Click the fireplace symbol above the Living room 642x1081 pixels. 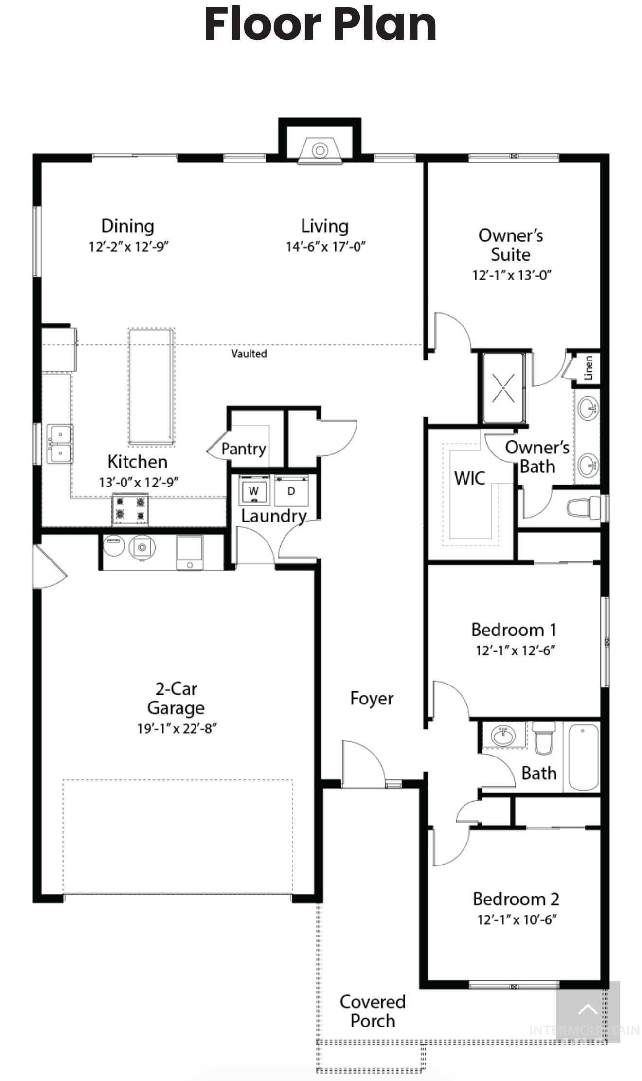click(320, 150)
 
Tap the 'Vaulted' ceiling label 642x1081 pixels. click(249, 354)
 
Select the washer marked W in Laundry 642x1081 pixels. click(253, 491)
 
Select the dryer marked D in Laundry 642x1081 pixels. click(291, 491)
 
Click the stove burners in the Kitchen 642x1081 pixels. click(130, 508)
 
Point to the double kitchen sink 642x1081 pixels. click(60, 443)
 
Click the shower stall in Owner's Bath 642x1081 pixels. click(503, 388)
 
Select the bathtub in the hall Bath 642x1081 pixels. click(583, 757)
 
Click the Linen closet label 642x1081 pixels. click(588, 367)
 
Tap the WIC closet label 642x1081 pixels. click(469, 478)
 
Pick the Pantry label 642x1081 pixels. click(243, 449)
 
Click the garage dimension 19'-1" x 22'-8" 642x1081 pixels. click(176, 729)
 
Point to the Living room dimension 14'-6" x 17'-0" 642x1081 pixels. click(325, 247)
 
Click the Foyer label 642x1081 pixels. click(372, 699)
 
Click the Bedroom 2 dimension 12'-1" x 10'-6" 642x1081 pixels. click(516, 920)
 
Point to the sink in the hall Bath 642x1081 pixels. click(503, 736)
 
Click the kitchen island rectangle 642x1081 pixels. click(151, 387)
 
